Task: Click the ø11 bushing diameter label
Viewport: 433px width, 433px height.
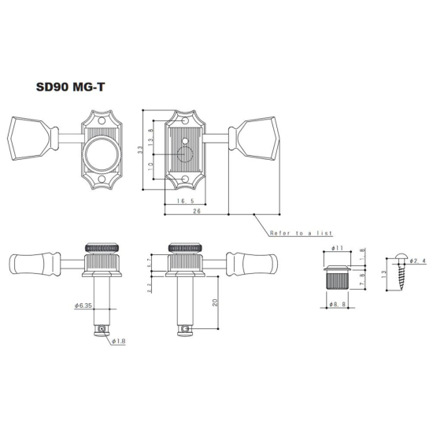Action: click(x=337, y=249)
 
